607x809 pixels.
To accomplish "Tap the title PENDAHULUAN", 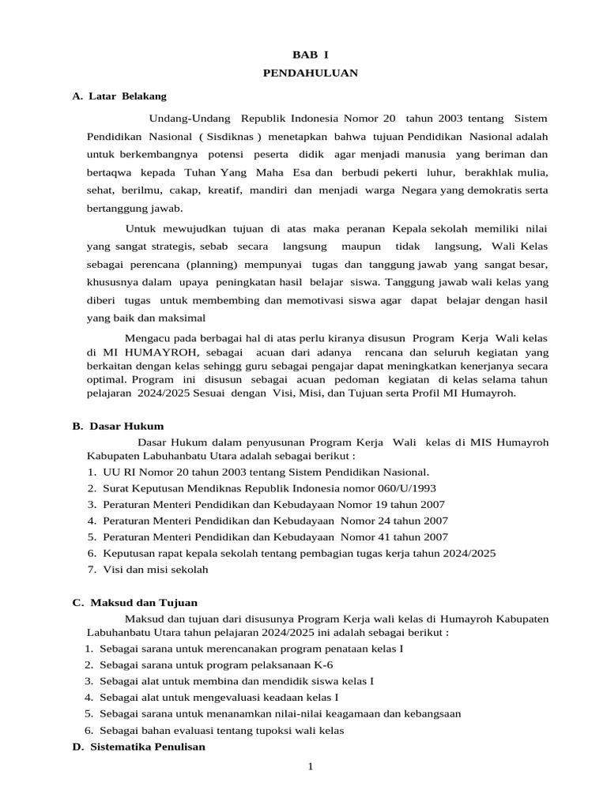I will tap(310, 73).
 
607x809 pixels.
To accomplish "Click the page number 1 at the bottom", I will tap(311, 766).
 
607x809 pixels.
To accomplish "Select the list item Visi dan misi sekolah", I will tap(154, 570).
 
